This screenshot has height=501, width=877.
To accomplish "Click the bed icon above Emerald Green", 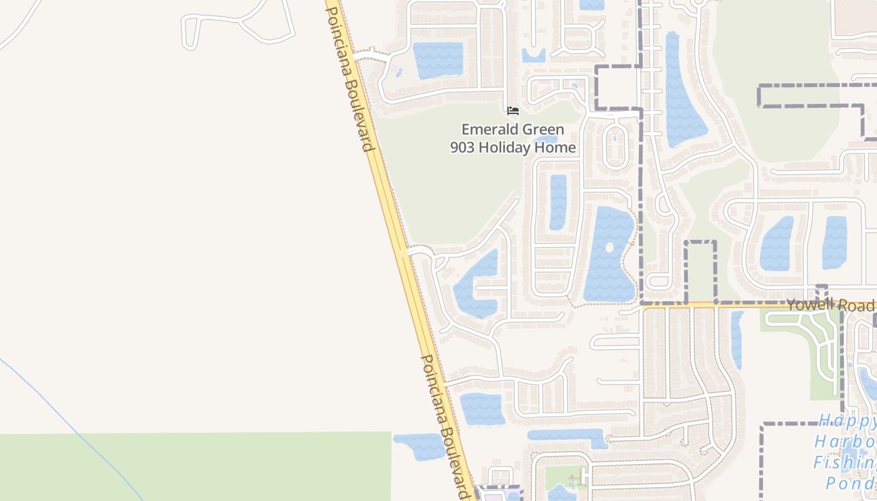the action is click(x=513, y=111).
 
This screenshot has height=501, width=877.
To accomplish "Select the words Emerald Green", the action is click(x=512, y=130).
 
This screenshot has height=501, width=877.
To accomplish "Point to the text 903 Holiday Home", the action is click(x=512, y=148).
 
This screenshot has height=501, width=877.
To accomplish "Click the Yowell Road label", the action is click(x=830, y=305).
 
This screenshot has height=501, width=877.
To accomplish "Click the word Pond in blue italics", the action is click(x=849, y=483).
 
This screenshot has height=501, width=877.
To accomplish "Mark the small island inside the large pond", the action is click(x=610, y=247).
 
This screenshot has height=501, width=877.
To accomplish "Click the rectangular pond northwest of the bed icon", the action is click(x=437, y=59).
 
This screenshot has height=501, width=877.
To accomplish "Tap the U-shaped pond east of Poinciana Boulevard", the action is click(x=476, y=285).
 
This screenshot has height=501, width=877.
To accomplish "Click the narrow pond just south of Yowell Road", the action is click(x=737, y=338).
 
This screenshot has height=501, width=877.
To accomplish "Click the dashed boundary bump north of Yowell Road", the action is click(x=700, y=269).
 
